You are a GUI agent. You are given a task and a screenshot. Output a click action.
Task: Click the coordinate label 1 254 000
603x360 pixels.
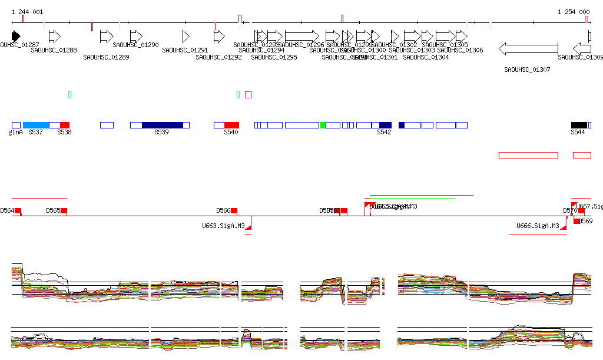[574, 12]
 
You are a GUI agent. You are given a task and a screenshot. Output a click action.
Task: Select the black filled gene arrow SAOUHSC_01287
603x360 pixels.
[16, 36]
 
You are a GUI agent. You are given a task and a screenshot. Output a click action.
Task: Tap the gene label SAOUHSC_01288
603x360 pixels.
[54, 51]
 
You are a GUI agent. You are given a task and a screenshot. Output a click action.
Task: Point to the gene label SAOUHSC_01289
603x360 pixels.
[106, 58]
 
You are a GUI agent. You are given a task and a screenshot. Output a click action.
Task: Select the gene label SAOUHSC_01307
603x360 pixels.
[527, 70]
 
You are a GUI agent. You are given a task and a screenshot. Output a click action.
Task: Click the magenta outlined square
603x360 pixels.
[249, 95]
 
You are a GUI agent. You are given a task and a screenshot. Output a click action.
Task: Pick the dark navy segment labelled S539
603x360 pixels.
[163, 125]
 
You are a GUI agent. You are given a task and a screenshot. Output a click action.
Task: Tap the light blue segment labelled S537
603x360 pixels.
[36, 125]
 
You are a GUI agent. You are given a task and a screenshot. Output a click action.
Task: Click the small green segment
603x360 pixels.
[323, 125]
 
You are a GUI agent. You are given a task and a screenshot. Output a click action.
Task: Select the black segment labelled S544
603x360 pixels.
[579, 125]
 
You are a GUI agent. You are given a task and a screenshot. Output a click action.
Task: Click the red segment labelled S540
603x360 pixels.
[231, 125]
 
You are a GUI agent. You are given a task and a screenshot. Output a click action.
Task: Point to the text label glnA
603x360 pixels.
[15, 133]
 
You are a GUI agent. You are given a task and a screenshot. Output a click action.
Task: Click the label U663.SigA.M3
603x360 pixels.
[223, 226]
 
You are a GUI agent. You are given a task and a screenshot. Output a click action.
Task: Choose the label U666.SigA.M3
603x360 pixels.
[538, 226]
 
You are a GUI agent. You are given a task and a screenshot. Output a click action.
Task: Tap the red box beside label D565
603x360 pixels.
[64, 211]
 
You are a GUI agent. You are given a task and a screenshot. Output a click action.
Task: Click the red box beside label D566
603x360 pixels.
[234, 211]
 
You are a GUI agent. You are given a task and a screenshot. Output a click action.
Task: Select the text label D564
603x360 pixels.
[6, 210]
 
